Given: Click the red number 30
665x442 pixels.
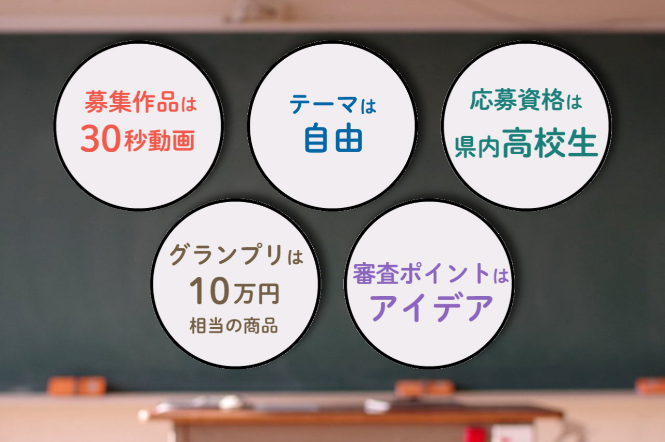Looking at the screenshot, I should coord(101,140).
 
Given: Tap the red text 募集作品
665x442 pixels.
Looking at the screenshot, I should coord(130,102).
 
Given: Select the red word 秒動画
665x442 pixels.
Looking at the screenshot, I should coord(159,141).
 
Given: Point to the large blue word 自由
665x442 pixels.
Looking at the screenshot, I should coord(332,139).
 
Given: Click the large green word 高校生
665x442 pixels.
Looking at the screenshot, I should coord(550,144).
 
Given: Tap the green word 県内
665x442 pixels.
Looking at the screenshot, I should coord(477,148).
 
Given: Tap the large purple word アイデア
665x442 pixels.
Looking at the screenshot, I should coord(430,308).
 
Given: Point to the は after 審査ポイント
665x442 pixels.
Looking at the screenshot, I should coord(500,275).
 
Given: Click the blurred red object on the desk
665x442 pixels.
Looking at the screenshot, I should coord(475,434).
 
